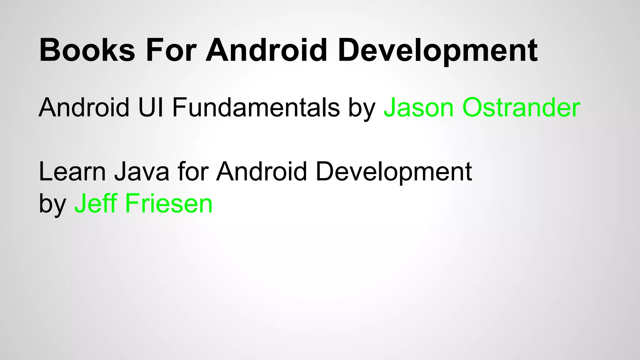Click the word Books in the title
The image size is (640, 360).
87,50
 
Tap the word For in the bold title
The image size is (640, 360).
171,50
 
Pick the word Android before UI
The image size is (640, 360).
84,107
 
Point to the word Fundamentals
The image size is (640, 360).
256,107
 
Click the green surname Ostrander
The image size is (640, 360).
521,107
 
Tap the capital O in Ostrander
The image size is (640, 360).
472,107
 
